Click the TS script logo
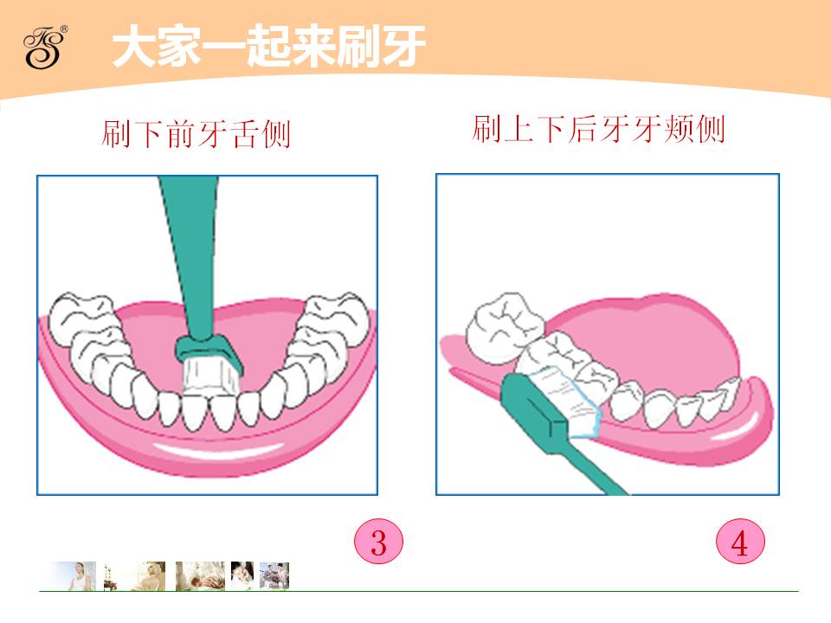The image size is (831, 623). tap(42, 48)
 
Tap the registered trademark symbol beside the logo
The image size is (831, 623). tap(65, 29)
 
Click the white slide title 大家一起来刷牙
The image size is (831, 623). tap(269, 47)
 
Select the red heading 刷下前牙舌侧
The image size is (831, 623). tap(196, 133)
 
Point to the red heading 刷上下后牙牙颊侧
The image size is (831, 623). tap(598, 129)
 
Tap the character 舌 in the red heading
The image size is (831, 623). tap(243, 133)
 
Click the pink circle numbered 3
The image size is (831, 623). tap(378, 542)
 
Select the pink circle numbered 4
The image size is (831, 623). tap(740, 542)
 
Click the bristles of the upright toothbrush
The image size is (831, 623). tap(209, 376)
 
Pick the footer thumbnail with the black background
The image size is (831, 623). tap(242, 575)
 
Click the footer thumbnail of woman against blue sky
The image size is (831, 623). tap(74, 576)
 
